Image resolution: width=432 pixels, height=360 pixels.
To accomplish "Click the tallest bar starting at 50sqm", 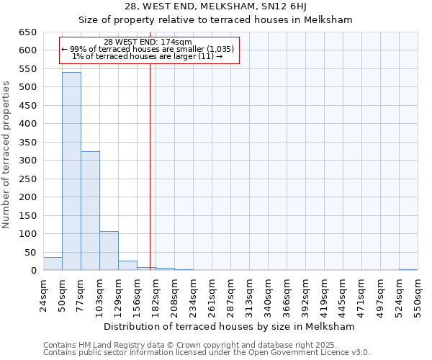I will point(71,171).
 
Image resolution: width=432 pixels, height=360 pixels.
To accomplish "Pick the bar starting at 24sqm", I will point(53,264).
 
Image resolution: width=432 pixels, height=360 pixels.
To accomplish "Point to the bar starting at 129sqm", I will point(127,266).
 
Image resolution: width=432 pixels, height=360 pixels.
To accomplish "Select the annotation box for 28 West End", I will point(148,50).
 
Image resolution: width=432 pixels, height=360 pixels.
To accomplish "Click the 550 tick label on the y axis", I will point(28,69).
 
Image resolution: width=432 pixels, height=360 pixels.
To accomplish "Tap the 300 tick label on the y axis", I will point(28,161).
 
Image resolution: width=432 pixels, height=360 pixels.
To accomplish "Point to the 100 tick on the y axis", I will point(28,234).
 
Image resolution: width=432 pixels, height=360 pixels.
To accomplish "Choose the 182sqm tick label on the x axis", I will point(156,295).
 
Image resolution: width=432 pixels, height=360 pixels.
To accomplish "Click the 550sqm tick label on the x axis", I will point(418,295).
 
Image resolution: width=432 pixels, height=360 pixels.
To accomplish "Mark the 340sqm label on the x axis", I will point(268,295).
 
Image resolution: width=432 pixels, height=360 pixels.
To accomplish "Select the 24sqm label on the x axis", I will point(43,295).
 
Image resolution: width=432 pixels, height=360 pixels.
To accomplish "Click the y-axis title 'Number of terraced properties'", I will point(7,154).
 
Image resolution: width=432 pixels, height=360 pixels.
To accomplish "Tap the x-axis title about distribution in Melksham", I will point(229,326).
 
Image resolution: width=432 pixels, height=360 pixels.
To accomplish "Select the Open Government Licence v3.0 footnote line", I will point(207,353).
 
